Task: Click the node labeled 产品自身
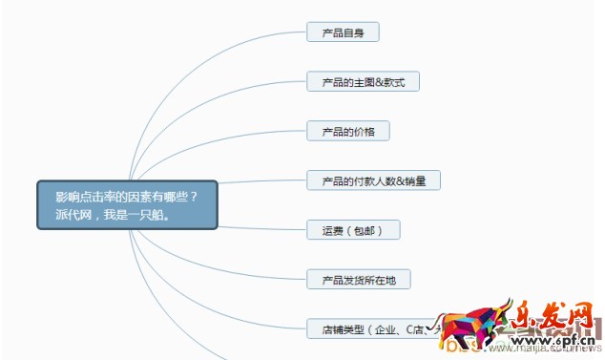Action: (343, 32)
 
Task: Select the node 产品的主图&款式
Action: (363, 82)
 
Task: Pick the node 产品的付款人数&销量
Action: (373, 180)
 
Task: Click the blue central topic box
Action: (128, 204)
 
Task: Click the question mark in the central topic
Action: (194, 196)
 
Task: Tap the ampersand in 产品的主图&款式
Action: (380, 83)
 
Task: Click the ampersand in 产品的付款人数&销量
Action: (400, 180)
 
